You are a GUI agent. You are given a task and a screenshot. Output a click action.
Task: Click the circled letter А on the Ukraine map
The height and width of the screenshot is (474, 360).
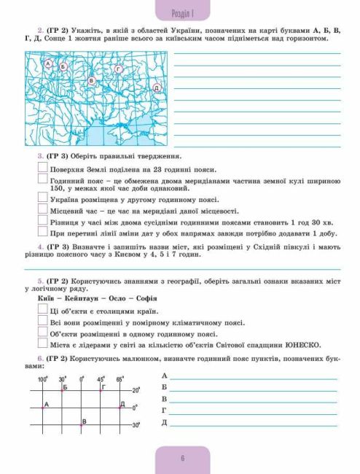click(49, 64)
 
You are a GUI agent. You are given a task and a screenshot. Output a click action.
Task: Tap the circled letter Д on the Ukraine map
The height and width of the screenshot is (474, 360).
click(156, 88)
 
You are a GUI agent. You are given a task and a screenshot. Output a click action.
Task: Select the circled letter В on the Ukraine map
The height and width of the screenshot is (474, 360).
click(91, 80)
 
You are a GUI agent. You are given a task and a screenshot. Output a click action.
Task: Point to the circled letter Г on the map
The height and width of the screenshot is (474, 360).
click(117, 69)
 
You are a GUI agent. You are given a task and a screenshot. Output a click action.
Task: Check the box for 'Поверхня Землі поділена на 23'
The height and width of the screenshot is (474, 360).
click(42, 167)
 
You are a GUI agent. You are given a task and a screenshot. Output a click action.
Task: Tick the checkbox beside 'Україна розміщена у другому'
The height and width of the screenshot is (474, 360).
click(42, 198)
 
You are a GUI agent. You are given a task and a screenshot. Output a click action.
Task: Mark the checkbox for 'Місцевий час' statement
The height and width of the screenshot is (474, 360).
click(42, 209)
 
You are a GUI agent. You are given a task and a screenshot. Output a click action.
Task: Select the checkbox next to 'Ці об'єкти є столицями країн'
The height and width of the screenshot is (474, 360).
click(42, 310)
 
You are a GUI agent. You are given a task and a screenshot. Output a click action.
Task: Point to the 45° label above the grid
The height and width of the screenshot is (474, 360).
click(101, 379)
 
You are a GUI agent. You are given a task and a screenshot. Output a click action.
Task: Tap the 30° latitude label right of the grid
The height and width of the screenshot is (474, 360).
click(136, 424)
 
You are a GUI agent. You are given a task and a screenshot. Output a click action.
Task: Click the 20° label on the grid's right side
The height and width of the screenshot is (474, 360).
click(136, 390)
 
